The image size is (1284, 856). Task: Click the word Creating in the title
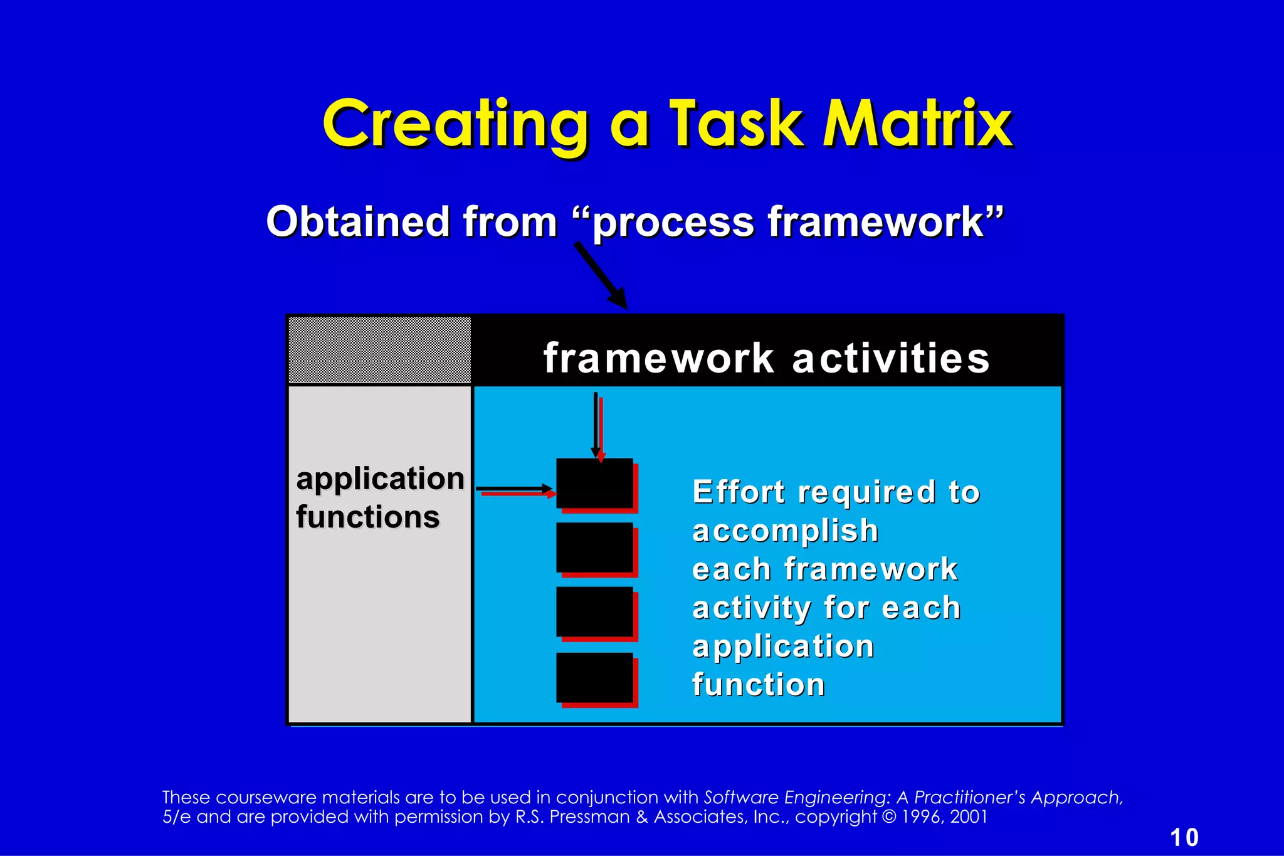456,124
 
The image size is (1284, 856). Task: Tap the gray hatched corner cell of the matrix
379,350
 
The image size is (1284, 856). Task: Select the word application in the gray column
380,480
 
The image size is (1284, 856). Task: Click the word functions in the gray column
368,517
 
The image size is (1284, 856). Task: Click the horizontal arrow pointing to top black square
514,489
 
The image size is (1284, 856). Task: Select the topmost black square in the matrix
594,483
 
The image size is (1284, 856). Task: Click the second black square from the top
594,547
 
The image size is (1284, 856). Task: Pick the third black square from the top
594,611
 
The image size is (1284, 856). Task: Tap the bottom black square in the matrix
594,677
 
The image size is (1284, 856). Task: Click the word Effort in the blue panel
738,492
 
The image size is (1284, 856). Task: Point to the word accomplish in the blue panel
785,531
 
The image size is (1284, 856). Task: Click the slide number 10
1184,837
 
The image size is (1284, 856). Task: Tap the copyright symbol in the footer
888,817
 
